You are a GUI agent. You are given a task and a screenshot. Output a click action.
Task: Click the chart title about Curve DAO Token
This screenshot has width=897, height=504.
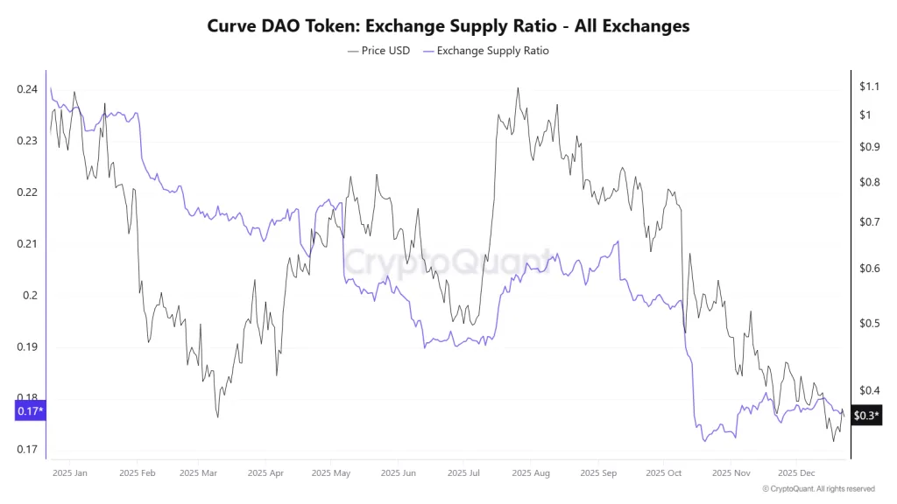[x=448, y=26]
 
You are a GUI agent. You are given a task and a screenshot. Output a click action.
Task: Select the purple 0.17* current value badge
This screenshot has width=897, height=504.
[x=30, y=410]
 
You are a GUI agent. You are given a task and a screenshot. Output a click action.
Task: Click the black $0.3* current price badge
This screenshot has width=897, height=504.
[x=865, y=416]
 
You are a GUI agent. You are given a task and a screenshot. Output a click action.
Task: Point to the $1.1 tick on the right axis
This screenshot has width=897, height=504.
[x=868, y=87]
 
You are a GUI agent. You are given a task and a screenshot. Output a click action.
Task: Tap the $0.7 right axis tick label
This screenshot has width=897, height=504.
[x=868, y=222]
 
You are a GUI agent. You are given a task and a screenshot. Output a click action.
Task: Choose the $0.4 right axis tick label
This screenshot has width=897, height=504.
[x=868, y=390]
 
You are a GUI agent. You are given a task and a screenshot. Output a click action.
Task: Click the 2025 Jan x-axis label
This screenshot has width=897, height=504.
[x=69, y=472]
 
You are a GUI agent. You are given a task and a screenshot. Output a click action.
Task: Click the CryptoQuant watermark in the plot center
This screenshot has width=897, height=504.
[x=448, y=260]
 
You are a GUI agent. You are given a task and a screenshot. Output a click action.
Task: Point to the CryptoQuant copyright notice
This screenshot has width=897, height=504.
[x=818, y=489]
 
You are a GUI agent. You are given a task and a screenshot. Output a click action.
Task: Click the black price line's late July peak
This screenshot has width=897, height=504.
[x=519, y=88]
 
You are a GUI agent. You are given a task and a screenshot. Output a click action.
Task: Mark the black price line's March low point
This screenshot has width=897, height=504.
[x=217, y=416]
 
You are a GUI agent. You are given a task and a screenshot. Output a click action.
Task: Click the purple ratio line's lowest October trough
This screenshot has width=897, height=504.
[x=703, y=441]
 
